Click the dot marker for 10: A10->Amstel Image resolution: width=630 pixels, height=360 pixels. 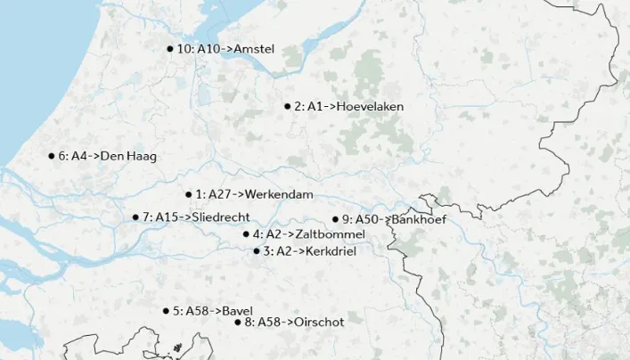coord(169,49)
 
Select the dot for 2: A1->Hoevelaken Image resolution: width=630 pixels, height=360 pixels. coord(287,106)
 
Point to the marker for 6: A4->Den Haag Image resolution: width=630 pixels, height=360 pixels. coord(52,156)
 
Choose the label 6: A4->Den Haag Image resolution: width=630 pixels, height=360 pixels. coord(107,156)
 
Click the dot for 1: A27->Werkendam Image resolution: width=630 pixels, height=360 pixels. coord(189,194)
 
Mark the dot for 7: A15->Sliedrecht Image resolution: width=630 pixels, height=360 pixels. coord(135,217)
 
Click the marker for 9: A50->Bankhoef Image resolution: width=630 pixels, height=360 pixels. coord(335,219)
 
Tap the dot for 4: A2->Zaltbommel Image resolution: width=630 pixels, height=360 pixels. coord(246,234)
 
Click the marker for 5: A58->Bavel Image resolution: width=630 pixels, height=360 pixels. coord(166,311)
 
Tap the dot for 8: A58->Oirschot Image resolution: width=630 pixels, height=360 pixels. coord(238,322)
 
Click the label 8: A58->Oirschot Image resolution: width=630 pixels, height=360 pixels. coord(294,322)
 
